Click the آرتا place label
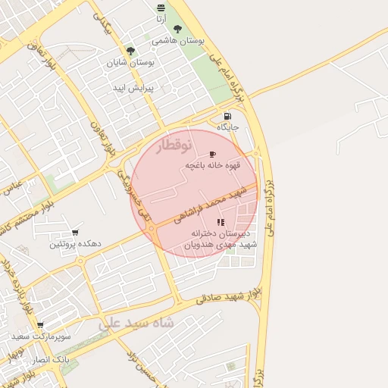161,17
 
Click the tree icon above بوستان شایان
130,52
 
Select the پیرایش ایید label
133,89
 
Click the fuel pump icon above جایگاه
227,116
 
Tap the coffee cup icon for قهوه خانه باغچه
211,154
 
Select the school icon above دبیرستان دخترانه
221,222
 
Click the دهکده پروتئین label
75,244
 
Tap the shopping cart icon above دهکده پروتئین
74,233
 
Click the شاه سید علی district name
136,322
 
